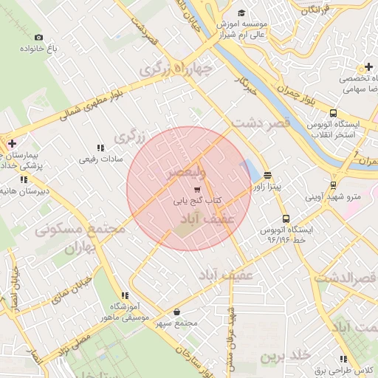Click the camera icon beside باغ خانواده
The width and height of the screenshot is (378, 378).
click(38, 37)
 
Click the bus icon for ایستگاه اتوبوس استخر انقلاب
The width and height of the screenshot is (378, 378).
click(334, 114)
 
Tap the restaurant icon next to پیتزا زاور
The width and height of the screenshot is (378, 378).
click(267, 176)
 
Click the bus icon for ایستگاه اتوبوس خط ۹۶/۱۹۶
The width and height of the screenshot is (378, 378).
click(286, 219)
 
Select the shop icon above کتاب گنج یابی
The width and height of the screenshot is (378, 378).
click(196, 189)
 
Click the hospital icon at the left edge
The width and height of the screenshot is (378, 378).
click(11, 144)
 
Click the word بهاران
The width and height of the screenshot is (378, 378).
click(81, 250)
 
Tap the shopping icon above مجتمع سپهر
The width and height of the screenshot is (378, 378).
click(178, 312)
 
